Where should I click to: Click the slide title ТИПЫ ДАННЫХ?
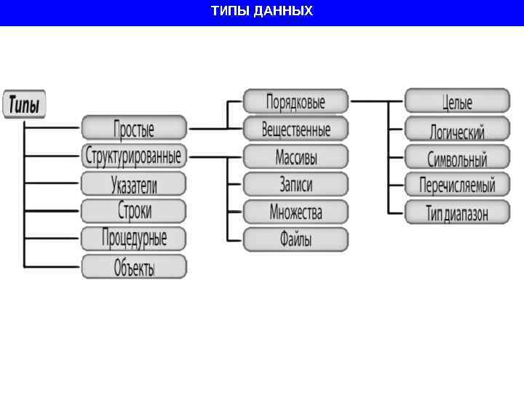pyautogui.click(x=262, y=11)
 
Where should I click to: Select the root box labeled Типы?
pyautogui.click(x=25, y=104)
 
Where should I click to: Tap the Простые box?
pyautogui.click(x=134, y=129)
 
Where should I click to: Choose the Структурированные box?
pyautogui.click(x=134, y=156)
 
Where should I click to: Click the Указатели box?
pyautogui.click(x=134, y=183)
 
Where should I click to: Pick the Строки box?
pyautogui.click(x=134, y=210)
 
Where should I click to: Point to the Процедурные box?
pyautogui.click(x=134, y=238)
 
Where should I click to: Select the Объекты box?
pyautogui.click(x=134, y=266)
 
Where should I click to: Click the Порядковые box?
pyautogui.click(x=295, y=101)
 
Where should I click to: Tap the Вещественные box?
pyautogui.click(x=295, y=129)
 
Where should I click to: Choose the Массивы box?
pyautogui.click(x=295, y=156)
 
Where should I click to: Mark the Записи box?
pyautogui.click(x=295, y=184)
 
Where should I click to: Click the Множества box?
pyautogui.click(x=295, y=212)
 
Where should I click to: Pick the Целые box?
pyautogui.click(x=457, y=101)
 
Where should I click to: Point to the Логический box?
pyautogui.click(x=457, y=129)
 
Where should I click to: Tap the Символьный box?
pyautogui.click(x=457, y=156)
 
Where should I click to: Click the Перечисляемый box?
pyautogui.click(x=457, y=184)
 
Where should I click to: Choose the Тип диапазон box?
pyautogui.click(x=457, y=212)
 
